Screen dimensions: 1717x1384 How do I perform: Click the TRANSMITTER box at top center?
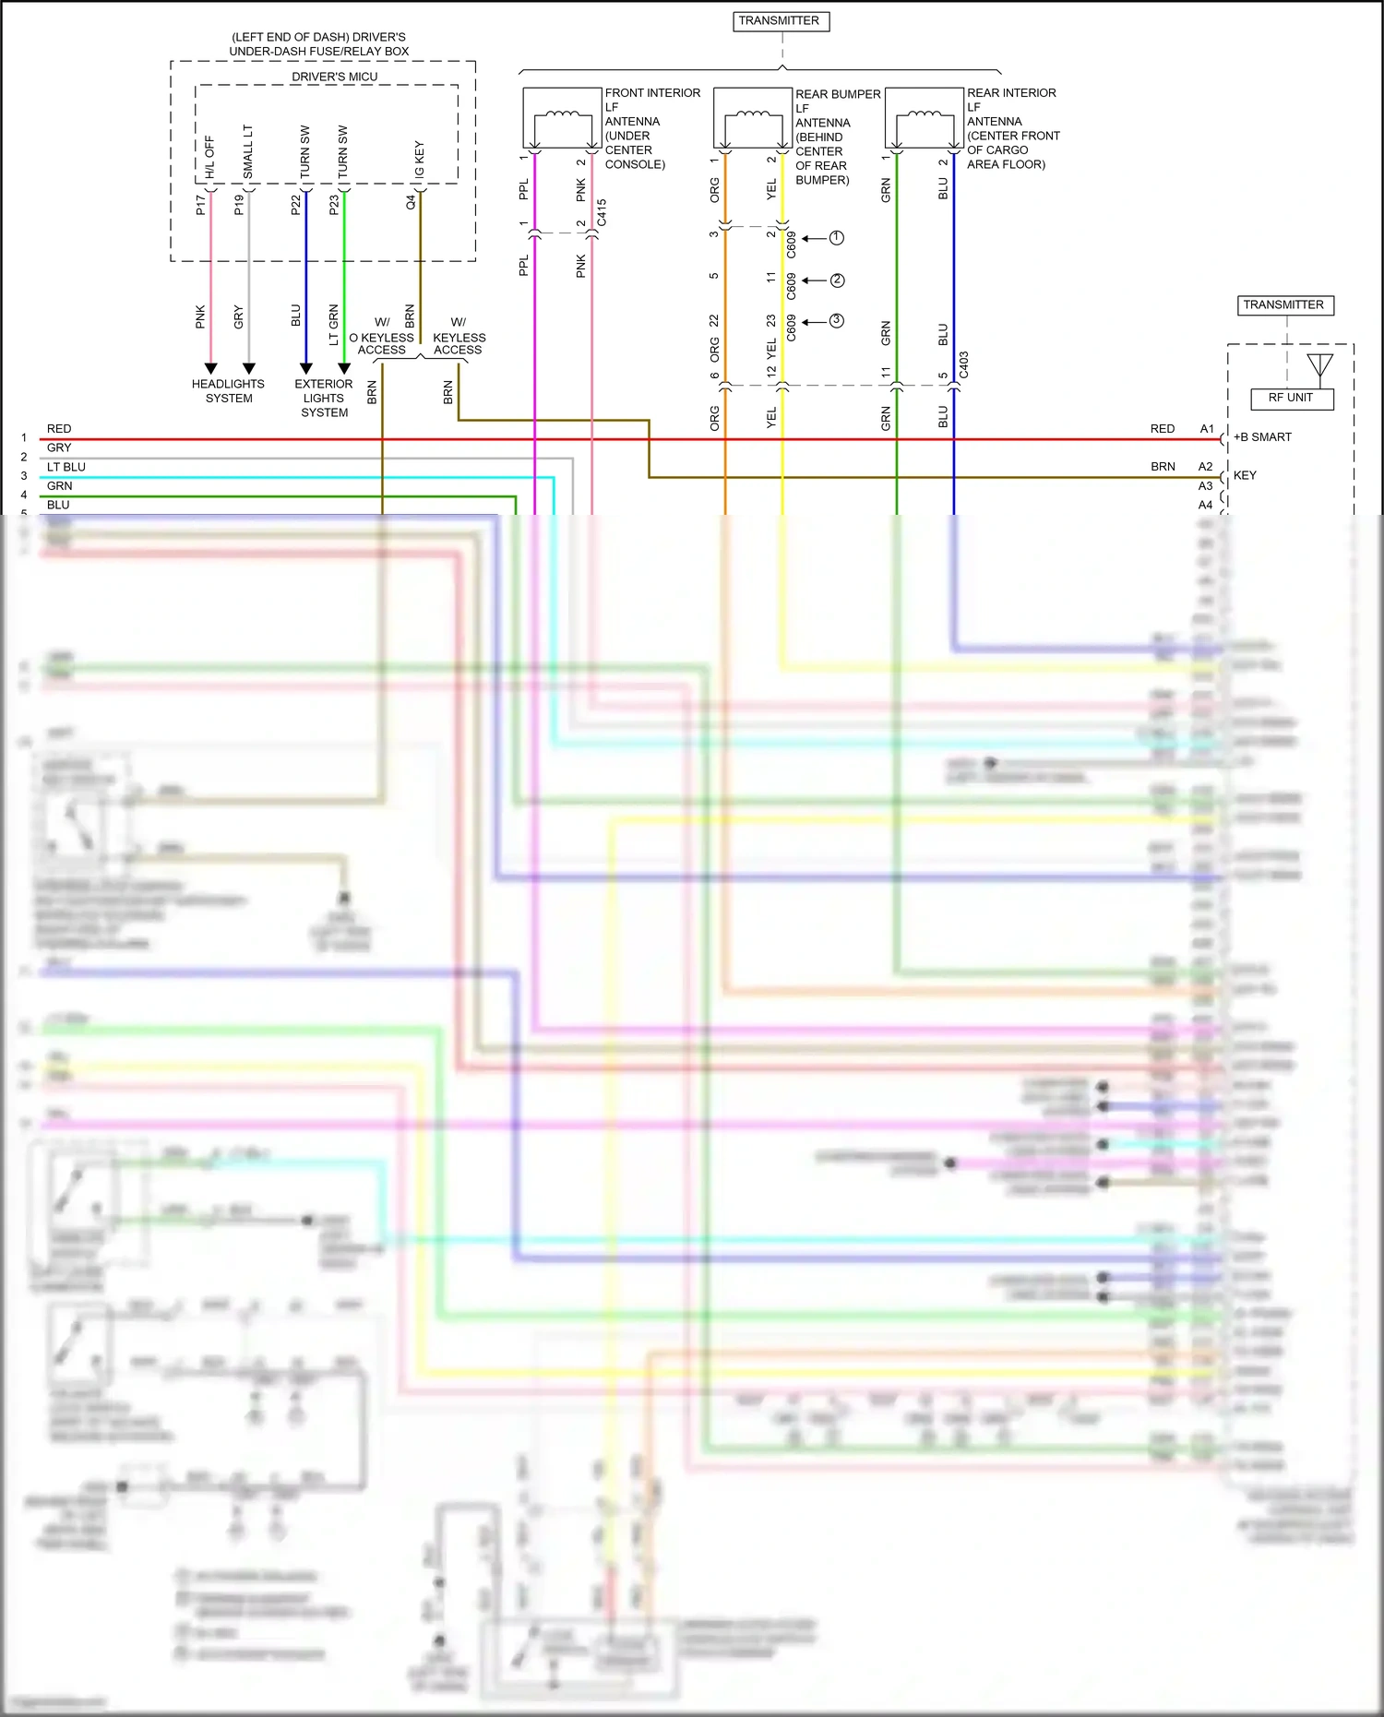(x=780, y=21)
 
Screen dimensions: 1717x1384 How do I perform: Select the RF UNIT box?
(x=1290, y=399)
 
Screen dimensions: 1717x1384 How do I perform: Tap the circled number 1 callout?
(x=836, y=238)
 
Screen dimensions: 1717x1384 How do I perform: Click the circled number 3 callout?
(x=836, y=321)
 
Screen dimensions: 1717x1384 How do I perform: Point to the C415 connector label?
(x=603, y=213)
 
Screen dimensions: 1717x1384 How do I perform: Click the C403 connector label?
(x=964, y=364)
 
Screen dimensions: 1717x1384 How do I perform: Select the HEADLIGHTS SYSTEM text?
(x=228, y=391)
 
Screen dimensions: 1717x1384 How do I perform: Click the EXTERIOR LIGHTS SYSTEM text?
(x=324, y=398)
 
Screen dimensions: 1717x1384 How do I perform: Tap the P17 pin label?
(x=201, y=205)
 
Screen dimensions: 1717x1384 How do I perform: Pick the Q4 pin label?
(x=412, y=202)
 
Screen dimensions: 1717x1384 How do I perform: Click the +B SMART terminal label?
(x=1262, y=437)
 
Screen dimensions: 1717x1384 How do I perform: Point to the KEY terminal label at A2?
(x=1245, y=476)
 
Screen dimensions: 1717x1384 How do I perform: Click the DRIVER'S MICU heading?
(x=334, y=77)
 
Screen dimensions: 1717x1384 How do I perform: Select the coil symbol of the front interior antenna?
(x=562, y=115)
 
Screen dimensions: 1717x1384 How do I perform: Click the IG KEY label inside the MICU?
(x=420, y=159)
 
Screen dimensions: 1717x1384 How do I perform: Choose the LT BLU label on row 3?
(x=66, y=468)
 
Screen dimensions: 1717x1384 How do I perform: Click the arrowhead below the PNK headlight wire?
(x=210, y=369)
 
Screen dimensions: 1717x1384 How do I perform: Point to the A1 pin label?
(x=1207, y=429)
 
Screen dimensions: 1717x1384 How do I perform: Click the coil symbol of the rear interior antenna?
(x=924, y=115)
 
